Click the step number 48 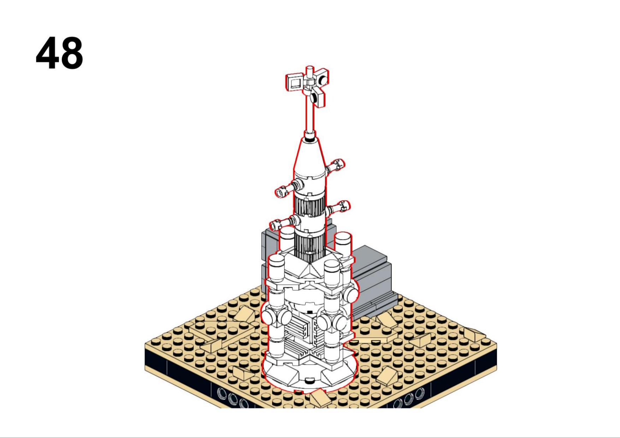click(x=59, y=53)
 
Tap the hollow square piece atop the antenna click(x=294, y=83)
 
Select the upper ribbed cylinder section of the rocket click(x=309, y=206)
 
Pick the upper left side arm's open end click(x=281, y=192)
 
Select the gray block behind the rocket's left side click(x=270, y=254)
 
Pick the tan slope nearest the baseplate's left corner click(x=212, y=344)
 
